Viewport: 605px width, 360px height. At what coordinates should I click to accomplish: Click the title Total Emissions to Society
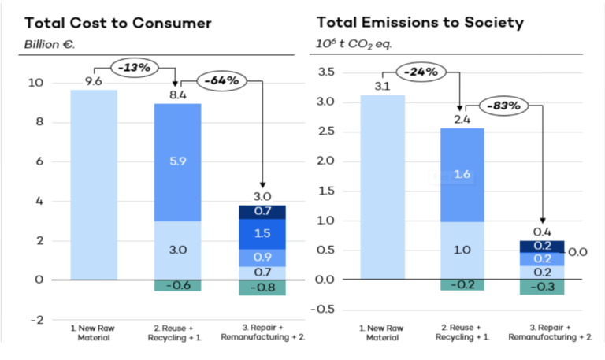[420, 22]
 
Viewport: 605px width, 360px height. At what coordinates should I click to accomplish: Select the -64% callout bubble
[222, 80]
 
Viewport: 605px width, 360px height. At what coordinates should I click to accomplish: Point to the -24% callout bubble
[422, 72]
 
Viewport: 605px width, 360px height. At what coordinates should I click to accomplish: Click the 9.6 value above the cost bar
[94, 80]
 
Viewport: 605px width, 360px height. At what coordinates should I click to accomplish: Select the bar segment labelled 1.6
[462, 174]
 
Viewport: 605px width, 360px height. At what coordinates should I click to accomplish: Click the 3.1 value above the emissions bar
[382, 86]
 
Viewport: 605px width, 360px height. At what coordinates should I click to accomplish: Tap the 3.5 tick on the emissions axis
[325, 72]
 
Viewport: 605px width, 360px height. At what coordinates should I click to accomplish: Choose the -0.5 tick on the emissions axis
[323, 309]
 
